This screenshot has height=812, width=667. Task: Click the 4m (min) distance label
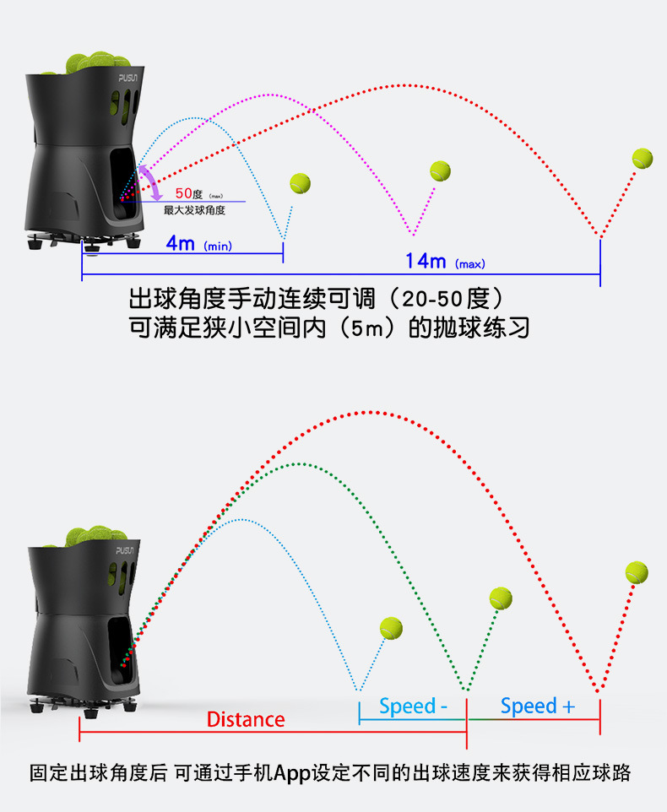[x=198, y=244]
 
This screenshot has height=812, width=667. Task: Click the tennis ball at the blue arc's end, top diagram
[x=301, y=182]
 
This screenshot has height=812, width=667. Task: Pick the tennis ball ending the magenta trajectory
[x=440, y=171]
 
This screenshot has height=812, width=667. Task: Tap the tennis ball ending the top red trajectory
[x=643, y=158]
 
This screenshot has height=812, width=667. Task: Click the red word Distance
[x=246, y=719]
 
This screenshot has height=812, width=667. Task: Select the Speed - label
[x=413, y=706]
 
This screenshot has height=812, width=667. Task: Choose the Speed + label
[x=537, y=706]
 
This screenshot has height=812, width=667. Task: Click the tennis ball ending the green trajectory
[x=501, y=598]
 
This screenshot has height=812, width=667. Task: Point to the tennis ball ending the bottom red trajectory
[x=637, y=573]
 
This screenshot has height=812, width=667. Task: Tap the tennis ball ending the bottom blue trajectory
[x=391, y=628]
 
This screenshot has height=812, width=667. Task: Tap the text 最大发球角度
[x=194, y=209]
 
